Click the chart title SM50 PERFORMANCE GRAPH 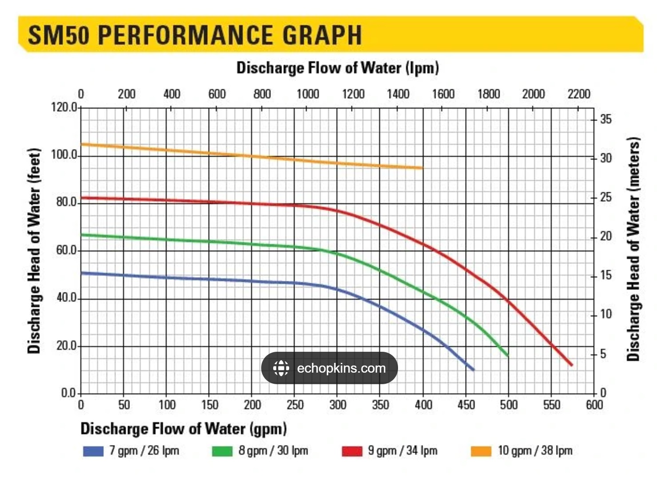pyautogui.click(x=195, y=35)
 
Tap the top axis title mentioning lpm pyautogui.click(x=337, y=68)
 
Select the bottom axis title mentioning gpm pyautogui.click(x=183, y=429)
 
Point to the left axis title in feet pyautogui.click(x=34, y=250)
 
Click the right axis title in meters pyautogui.click(x=633, y=249)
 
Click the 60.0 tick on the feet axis pyautogui.click(x=66, y=250)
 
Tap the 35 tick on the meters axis pyautogui.click(x=605, y=119)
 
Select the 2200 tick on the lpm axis pyautogui.click(x=578, y=94)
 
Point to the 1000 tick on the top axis pyautogui.click(x=307, y=94)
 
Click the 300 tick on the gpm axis pyautogui.click(x=338, y=405)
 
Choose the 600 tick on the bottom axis pyautogui.click(x=594, y=405)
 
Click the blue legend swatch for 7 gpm pyautogui.click(x=93, y=451)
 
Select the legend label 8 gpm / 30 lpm pyautogui.click(x=273, y=451)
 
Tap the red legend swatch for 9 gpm pyautogui.click(x=352, y=451)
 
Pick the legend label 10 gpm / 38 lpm pyautogui.click(x=535, y=451)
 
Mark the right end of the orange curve pyautogui.click(x=422, y=168)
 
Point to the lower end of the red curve pyautogui.click(x=571, y=365)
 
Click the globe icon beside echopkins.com pyautogui.click(x=281, y=368)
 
